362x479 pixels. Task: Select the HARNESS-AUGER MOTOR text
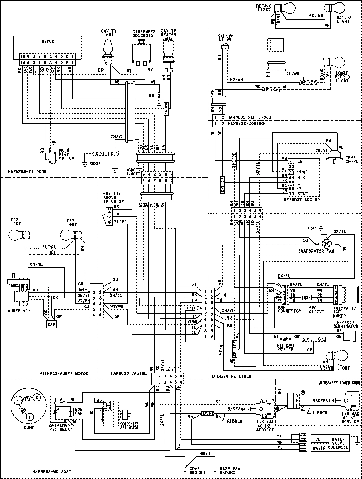pyautogui.click(x=63, y=373)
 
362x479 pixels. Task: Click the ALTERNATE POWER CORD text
pyautogui.click(x=339, y=383)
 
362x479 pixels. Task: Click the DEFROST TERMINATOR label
pyautogui.click(x=345, y=324)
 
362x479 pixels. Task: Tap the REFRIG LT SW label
pyautogui.click(x=225, y=37)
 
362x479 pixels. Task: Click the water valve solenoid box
pyautogui.click(x=330, y=443)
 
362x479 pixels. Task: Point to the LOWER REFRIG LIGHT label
pyautogui.click(x=342, y=77)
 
